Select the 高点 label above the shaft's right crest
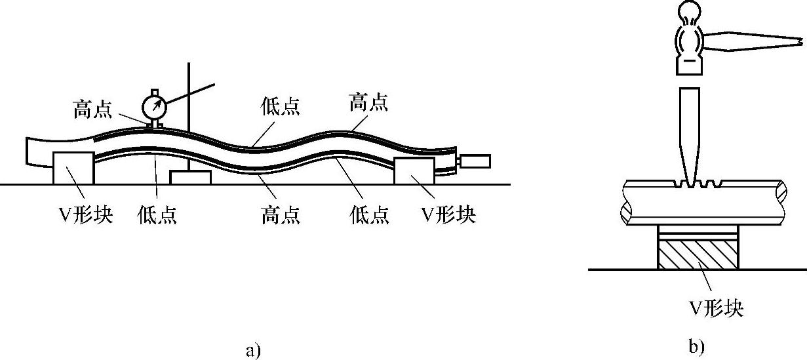(368, 102)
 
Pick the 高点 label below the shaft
(281, 214)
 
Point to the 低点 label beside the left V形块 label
(157, 214)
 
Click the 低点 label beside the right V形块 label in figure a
(369, 214)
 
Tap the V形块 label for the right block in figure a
(448, 214)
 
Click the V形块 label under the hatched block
(718, 307)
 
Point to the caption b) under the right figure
(697, 346)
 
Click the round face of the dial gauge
(154, 106)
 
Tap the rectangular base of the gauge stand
(190, 177)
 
